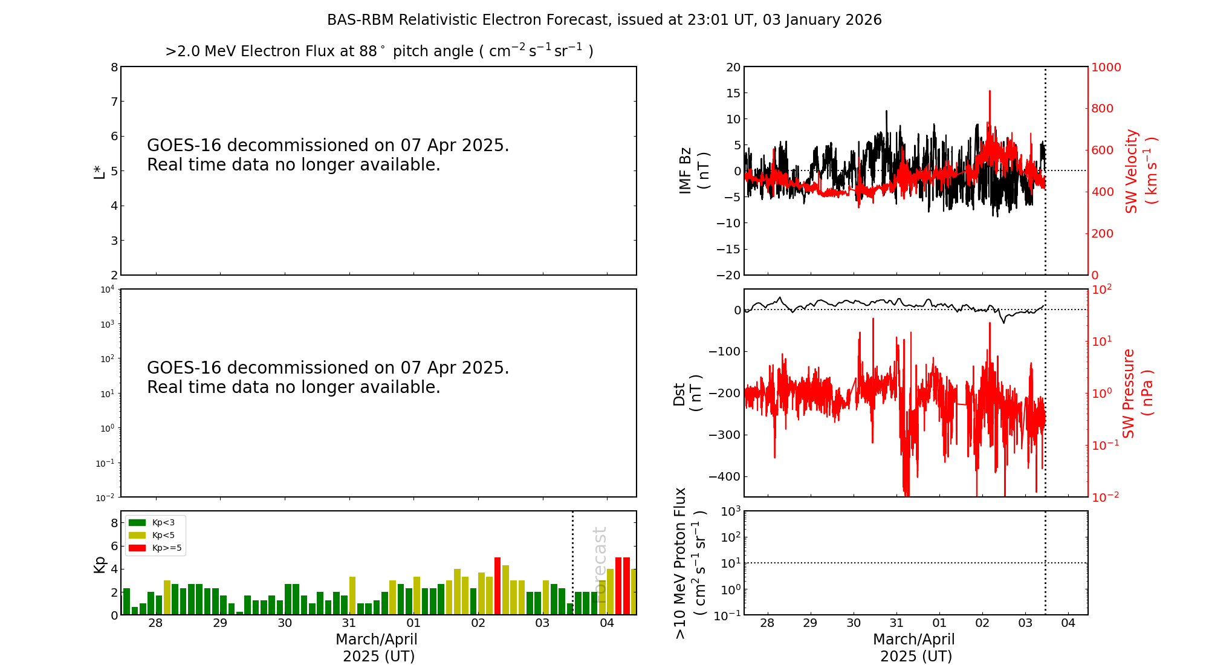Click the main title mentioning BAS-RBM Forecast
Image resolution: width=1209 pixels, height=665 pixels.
604,20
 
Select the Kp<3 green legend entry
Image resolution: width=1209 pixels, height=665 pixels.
151,522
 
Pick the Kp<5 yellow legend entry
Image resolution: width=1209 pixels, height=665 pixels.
151,535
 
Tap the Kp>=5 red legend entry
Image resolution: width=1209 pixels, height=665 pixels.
155,548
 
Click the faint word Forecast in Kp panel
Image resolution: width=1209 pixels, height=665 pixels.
599,556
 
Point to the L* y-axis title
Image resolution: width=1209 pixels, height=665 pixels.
99,171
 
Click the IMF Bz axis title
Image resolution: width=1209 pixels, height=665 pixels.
693,170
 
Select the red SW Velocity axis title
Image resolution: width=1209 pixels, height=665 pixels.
1140,170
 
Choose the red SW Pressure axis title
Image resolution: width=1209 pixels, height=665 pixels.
1137,393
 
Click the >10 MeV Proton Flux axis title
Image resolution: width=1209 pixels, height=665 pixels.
689,563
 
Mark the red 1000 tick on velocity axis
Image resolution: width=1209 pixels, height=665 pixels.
1106,67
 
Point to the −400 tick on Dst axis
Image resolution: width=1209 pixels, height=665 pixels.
724,476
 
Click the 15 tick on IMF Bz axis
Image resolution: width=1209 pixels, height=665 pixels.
733,93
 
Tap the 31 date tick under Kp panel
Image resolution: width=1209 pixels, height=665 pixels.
349,623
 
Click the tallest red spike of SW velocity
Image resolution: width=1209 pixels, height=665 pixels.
990,92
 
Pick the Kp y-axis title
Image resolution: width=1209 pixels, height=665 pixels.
99,563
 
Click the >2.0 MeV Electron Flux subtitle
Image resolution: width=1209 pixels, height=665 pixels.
379,51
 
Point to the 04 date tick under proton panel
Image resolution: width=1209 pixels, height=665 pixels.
1068,623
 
